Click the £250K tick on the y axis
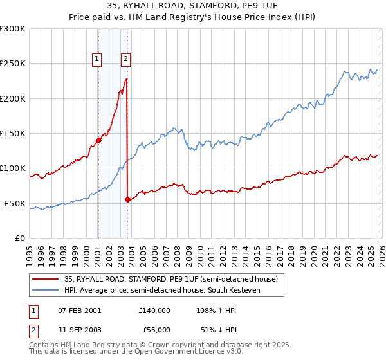(x=13, y=64)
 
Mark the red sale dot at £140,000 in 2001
(x=98, y=140)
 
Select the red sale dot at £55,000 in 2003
(x=127, y=200)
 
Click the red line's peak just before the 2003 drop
(x=126, y=79)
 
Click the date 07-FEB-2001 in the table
(x=79, y=310)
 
